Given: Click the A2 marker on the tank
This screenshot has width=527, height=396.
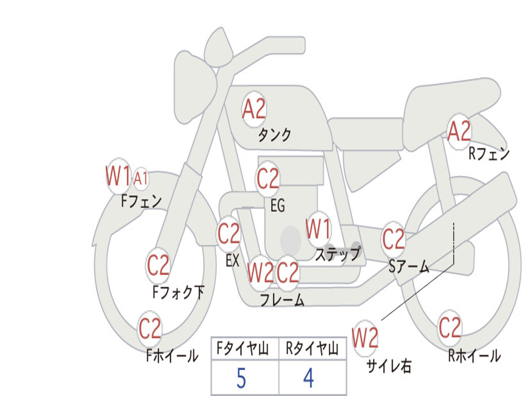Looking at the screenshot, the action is click(254, 109).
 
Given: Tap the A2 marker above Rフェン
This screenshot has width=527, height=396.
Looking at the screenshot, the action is click(459, 131).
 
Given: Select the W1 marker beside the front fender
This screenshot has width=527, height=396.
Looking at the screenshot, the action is click(118, 176).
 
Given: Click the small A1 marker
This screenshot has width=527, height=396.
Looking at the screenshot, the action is click(141, 178).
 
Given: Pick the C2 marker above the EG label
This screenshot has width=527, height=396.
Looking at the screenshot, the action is click(268, 178).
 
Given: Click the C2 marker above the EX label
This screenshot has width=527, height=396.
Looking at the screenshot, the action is click(229, 234).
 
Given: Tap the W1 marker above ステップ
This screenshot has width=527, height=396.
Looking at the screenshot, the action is click(318, 229).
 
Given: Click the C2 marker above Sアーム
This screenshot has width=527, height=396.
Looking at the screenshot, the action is click(393, 239).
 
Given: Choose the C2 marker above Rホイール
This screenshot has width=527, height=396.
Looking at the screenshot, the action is click(450, 328).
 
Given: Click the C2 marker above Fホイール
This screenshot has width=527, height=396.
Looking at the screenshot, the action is click(150, 328).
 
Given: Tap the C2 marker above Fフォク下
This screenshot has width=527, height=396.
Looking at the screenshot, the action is click(159, 266).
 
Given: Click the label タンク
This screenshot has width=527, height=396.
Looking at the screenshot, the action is click(275, 135).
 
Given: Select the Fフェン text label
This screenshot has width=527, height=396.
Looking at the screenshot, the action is click(142, 202).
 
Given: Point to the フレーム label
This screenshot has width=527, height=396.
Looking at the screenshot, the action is click(283, 300).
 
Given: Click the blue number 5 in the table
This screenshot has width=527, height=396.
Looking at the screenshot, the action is click(241, 378).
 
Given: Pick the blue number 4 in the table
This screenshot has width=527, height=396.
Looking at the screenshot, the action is click(309, 378).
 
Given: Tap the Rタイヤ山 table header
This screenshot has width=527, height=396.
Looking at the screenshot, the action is click(312, 349).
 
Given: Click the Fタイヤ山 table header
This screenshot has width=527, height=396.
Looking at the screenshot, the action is click(243, 349).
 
